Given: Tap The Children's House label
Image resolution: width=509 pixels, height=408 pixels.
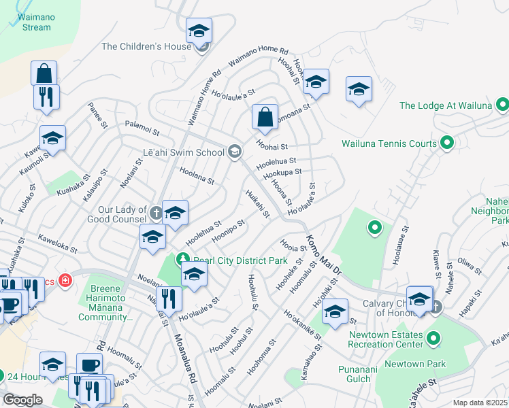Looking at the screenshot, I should click(x=146, y=46).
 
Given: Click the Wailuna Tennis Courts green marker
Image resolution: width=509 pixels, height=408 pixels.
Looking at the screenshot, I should click(x=447, y=143).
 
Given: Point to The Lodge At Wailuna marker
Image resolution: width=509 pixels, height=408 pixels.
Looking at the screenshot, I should click(x=502, y=105).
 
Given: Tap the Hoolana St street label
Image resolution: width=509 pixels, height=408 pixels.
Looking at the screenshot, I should click(x=197, y=177).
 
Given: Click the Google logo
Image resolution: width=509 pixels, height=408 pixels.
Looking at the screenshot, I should click(x=22, y=399).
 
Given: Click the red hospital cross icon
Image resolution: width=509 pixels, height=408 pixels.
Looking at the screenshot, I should click(x=65, y=280).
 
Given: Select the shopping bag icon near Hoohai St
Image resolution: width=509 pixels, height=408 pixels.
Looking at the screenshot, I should click(x=265, y=117).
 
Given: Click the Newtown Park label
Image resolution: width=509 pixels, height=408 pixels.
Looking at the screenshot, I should click(x=423, y=364).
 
